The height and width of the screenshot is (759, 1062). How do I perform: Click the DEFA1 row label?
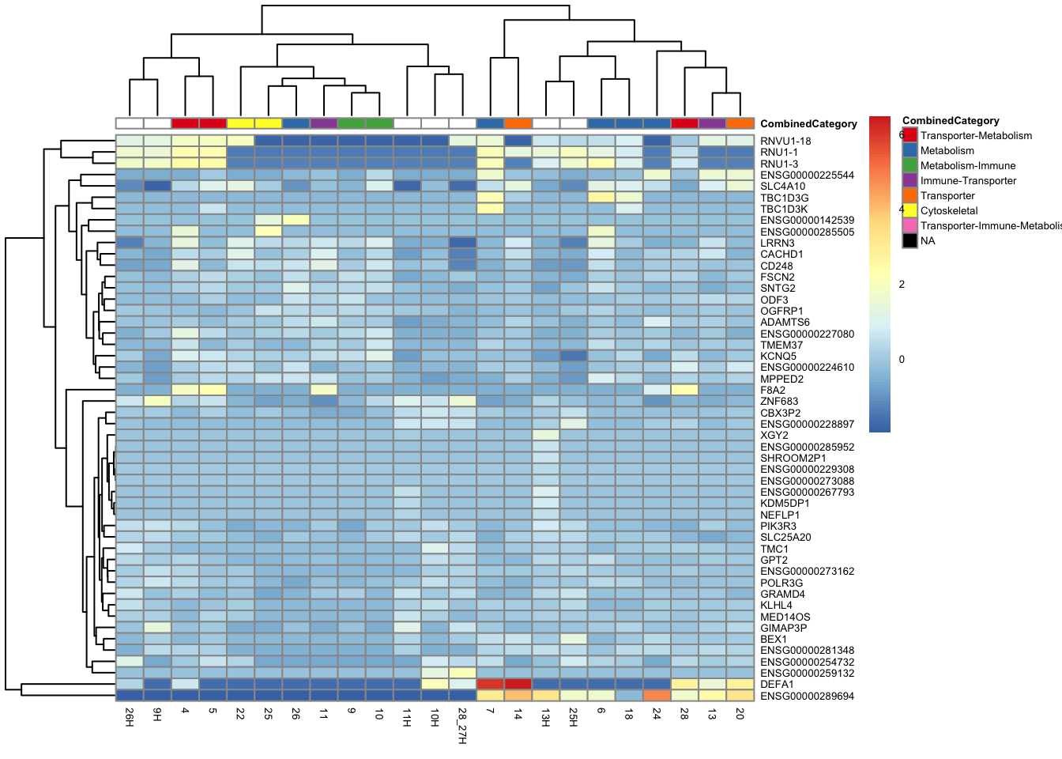(777, 685)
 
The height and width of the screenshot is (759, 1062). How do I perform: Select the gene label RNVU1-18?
(785, 142)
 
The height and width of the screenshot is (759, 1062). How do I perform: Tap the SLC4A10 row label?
(782, 187)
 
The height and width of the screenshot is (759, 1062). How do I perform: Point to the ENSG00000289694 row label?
(807, 697)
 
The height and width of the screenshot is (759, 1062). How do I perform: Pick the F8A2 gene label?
(773, 391)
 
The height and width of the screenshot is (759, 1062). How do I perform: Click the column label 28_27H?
(462, 726)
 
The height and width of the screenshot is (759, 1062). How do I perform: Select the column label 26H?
(130, 719)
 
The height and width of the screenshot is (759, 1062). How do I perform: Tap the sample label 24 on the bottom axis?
(657, 713)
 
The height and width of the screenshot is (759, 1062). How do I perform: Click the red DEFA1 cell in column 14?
(518, 684)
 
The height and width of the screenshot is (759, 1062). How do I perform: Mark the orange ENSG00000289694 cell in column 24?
(657, 696)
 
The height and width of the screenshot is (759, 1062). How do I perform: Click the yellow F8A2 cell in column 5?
(213, 390)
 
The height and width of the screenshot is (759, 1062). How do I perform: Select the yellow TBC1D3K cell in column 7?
(490, 209)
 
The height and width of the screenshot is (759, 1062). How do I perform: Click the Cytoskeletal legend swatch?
(910, 211)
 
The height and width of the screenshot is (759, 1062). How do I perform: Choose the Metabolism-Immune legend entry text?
(967, 166)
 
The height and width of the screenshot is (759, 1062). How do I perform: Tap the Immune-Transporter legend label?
(968, 181)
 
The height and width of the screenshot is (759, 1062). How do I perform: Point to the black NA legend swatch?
(910, 241)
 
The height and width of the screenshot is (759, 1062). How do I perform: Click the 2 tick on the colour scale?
(902, 285)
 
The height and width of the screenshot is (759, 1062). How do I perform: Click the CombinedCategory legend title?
(951, 121)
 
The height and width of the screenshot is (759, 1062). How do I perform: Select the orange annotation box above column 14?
(518, 123)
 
